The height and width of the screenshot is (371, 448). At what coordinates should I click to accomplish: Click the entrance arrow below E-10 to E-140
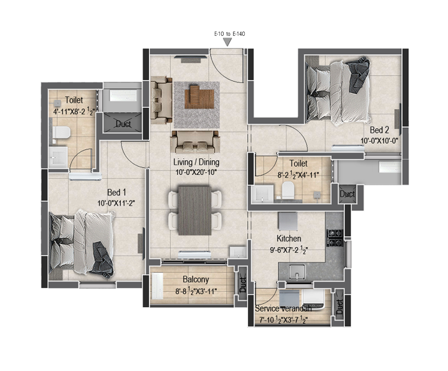click(x=228, y=42)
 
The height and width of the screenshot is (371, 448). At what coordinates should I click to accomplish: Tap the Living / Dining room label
click(x=196, y=162)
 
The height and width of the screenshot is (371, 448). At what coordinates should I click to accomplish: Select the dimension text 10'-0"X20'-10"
click(x=196, y=172)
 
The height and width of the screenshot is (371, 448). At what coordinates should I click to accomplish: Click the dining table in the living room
click(x=194, y=211)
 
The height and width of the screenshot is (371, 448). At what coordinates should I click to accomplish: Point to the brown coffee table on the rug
click(x=199, y=96)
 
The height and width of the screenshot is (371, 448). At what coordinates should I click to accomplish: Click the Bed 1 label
click(x=116, y=192)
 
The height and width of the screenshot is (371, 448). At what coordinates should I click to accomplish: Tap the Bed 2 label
click(x=379, y=130)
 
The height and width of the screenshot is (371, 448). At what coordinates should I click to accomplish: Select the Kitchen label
click(x=289, y=238)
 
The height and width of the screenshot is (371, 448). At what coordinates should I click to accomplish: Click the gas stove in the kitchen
click(x=335, y=238)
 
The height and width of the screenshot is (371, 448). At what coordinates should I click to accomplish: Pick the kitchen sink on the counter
click(x=297, y=271)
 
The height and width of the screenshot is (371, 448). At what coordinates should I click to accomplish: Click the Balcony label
click(x=196, y=279)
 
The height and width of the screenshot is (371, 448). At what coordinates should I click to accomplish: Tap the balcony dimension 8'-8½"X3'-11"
click(x=196, y=291)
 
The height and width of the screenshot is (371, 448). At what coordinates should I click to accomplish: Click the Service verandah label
click(x=283, y=308)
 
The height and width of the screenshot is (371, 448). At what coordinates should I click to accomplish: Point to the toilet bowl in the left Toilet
click(x=61, y=133)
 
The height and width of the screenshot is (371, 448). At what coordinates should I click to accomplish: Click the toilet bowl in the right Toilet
click(x=288, y=190)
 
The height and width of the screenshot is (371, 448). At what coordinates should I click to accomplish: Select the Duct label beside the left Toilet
click(x=123, y=124)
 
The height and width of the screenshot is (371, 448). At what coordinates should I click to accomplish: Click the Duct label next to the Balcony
click(x=243, y=284)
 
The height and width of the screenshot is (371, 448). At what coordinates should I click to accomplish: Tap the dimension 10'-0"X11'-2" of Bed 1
click(x=116, y=203)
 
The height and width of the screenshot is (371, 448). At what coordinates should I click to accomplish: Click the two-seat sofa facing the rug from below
click(x=196, y=142)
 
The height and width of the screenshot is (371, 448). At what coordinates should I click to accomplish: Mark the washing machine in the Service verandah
click(x=313, y=299)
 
